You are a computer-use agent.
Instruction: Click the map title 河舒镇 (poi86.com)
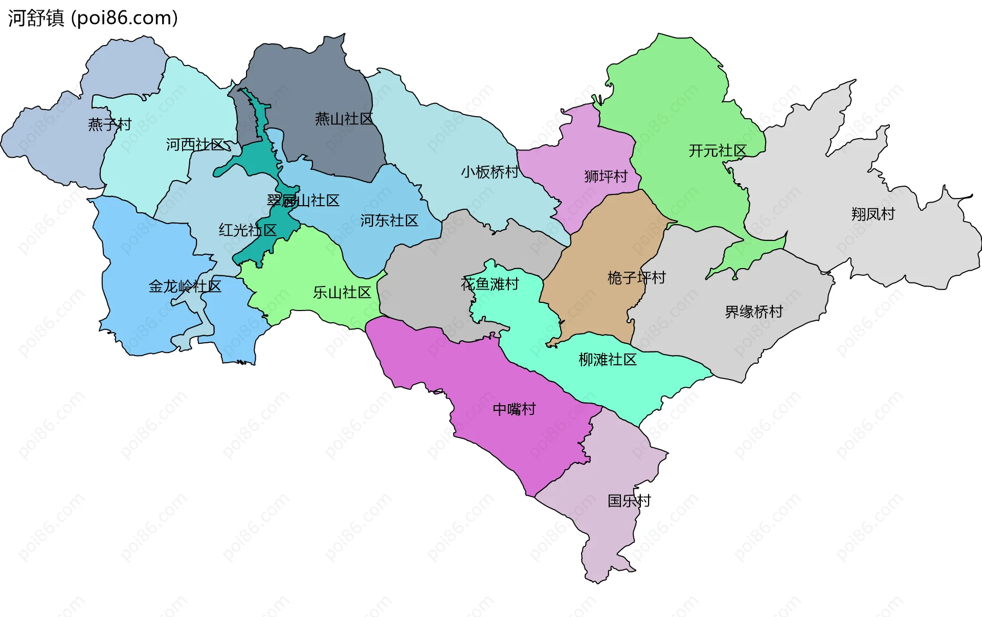(93, 18)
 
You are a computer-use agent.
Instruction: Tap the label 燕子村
(109, 124)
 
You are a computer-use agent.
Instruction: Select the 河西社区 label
(195, 145)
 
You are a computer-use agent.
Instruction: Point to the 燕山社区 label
(344, 119)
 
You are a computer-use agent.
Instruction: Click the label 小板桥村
(489, 172)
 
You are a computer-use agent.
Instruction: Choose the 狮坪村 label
(606, 177)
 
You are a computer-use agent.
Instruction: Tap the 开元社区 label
(717, 151)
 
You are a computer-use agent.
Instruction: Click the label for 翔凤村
(873, 214)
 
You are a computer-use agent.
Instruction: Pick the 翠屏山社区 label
(303, 201)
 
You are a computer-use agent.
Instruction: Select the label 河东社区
(389, 221)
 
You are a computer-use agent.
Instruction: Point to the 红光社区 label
(248, 230)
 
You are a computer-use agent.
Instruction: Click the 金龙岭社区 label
(185, 287)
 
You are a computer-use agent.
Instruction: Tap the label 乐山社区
(342, 293)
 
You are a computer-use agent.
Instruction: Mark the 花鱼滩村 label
(489, 284)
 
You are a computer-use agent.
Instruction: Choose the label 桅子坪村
(636, 278)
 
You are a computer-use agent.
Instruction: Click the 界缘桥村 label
(753, 312)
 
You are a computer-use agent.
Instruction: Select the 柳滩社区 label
(607, 360)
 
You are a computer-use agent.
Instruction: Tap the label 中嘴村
(514, 409)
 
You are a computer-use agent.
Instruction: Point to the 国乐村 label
(629, 501)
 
